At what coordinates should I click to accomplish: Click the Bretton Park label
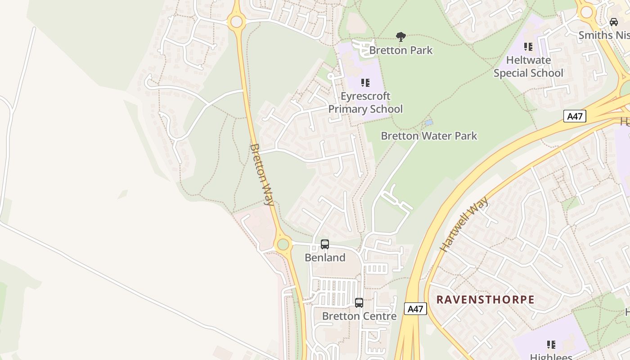click(401, 50)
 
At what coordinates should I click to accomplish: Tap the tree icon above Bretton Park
click(400, 37)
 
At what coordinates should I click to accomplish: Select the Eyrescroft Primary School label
click(365, 103)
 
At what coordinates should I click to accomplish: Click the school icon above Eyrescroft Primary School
click(365, 83)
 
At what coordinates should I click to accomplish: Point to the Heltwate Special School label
click(528, 67)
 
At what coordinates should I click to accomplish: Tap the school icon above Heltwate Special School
click(528, 47)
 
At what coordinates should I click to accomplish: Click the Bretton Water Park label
click(429, 136)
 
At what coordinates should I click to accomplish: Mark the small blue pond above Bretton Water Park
click(429, 122)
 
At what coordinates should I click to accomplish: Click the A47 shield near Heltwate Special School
click(575, 116)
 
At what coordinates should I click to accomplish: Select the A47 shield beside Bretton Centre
click(415, 309)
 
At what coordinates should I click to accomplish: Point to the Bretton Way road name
click(262, 175)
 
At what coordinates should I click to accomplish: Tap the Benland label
click(325, 258)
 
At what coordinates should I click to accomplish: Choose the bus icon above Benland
click(325, 244)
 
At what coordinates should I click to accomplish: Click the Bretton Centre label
click(359, 316)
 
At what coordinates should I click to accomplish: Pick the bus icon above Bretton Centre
click(359, 303)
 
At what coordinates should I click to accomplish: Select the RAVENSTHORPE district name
click(486, 300)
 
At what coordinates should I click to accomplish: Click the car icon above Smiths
click(614, 22)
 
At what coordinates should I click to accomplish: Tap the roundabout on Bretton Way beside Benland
click(283, 244)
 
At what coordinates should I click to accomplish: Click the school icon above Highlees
click(551, 345)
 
